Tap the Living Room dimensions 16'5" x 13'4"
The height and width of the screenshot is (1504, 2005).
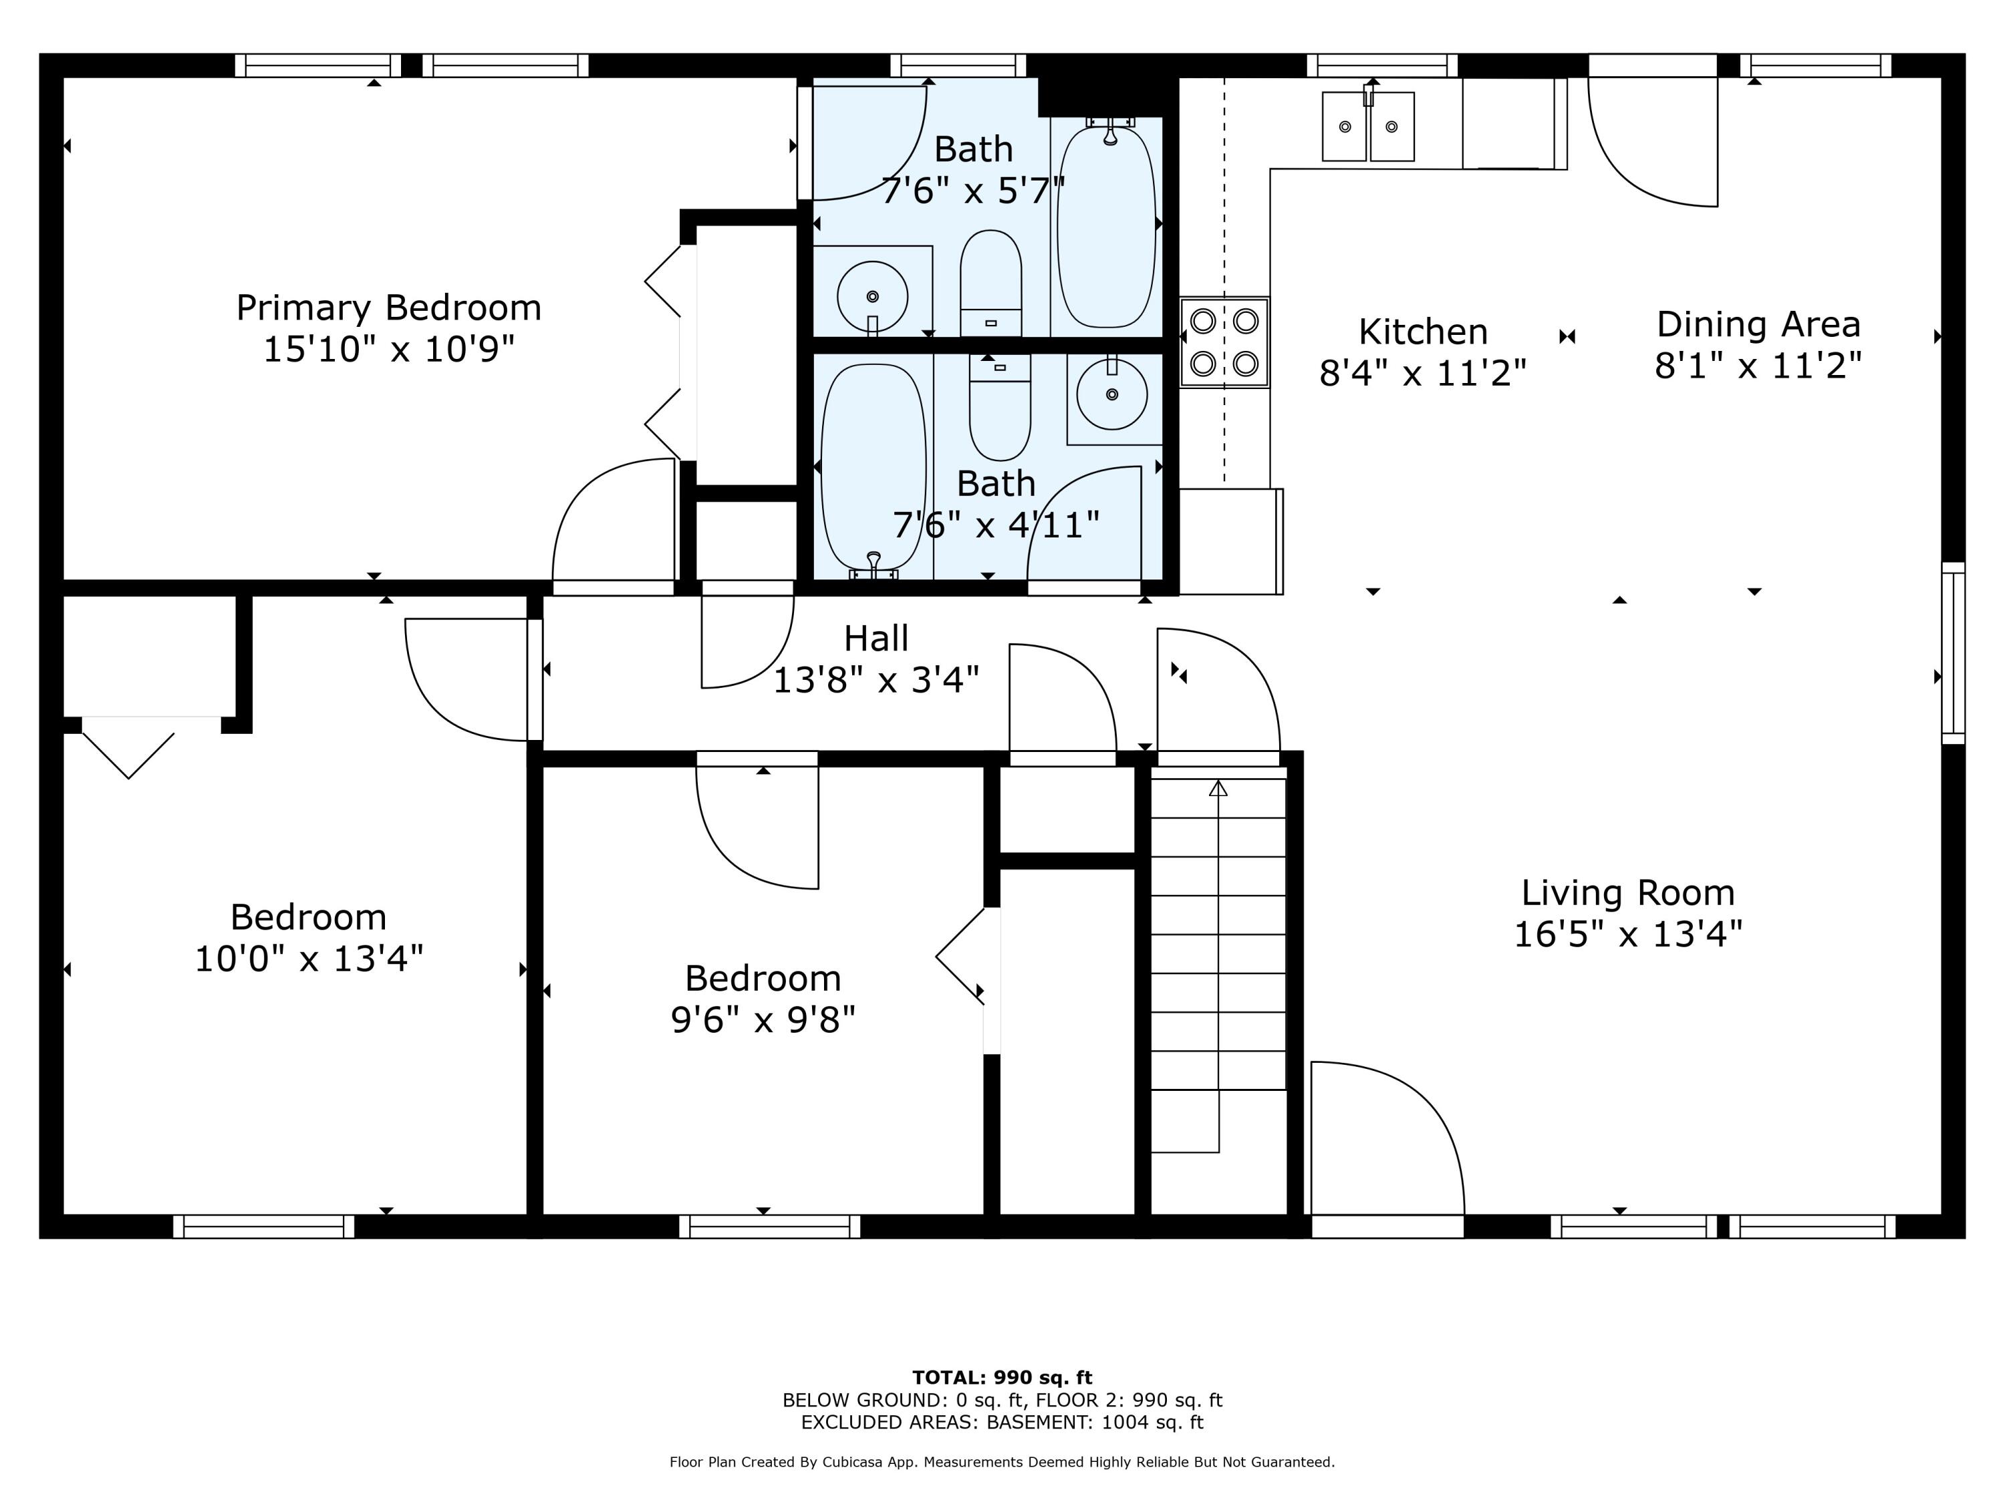(1628, 934)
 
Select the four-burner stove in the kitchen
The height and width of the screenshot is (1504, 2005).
(1224, 342)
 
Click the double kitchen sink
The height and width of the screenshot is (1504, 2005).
(1368, 127)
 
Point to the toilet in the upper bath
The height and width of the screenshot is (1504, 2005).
(990, 283)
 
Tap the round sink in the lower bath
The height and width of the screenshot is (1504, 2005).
(1111, 394)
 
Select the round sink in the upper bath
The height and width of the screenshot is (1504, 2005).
(872, 296)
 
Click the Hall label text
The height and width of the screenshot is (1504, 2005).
(876, 638)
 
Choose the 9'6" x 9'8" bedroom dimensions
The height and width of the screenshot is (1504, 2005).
(763, 1020)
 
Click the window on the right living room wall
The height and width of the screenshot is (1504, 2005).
(1952, 652)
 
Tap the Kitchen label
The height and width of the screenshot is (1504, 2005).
(1422, 332)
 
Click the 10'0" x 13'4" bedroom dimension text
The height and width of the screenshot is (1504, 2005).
(308, 959)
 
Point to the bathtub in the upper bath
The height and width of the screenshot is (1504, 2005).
(1107, 227)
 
